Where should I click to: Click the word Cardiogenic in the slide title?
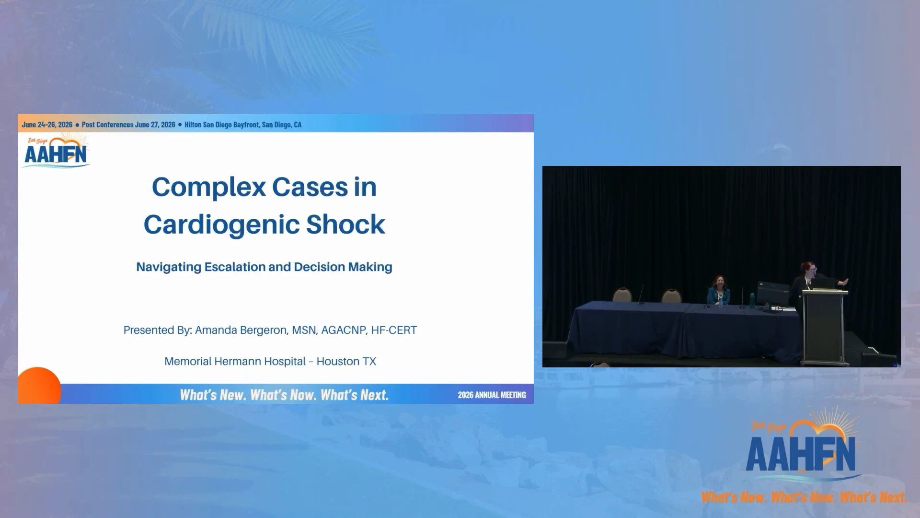click(x=221, y=224)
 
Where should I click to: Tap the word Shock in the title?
click(x=345, y=224)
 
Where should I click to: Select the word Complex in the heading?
click(x=208, y=188)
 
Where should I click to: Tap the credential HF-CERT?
click(x=394, y=330)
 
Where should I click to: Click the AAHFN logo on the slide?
click(x=57, y=151)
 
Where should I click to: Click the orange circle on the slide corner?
click(x=39, y=386)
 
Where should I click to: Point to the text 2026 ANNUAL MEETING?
click(x=492, y=395)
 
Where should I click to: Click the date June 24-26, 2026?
click(x=47, y=125)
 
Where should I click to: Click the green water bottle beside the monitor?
click(x=753, y=299)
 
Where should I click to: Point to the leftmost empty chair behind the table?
click(x=622, y=294)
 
